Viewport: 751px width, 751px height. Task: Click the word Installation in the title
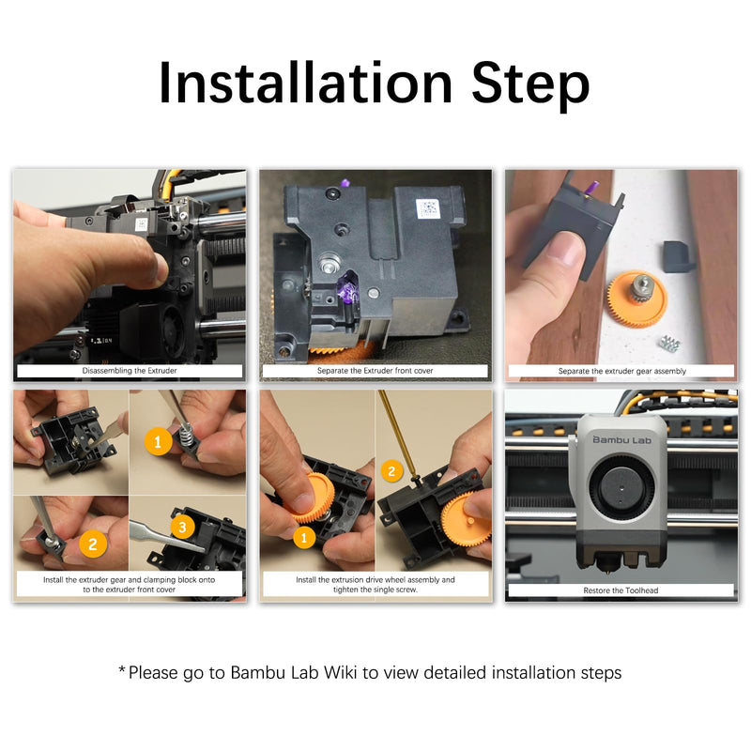(x=306, y=83)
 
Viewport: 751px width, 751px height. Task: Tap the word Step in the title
(x=530, y=85)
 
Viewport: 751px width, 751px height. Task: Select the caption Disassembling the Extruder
(x=130, y=371)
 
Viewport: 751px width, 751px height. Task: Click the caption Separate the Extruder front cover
(x=375, y=371)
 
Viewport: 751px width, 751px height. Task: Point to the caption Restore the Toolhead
(x=621, y=590)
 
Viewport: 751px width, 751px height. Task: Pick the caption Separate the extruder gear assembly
(x=622, y=371)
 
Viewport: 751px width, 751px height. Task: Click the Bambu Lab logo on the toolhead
(x=621, y=439)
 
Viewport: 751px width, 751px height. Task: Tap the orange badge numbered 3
(x=182, y=528)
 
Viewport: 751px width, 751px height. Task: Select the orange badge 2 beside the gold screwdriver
(x=391, y=471)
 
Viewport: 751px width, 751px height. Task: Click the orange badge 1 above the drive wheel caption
(x=303, y=537)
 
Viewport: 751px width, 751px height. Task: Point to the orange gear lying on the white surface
(x=637, y=299)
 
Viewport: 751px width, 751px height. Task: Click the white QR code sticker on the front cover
(x=428, y=208)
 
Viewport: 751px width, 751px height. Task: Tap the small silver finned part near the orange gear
(x=670, y=343)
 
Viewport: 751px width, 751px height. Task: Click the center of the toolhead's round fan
(x=621, y=488)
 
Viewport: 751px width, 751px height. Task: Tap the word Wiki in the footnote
(x=340, y=672)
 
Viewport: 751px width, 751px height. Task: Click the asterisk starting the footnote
(x=122, y=669)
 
